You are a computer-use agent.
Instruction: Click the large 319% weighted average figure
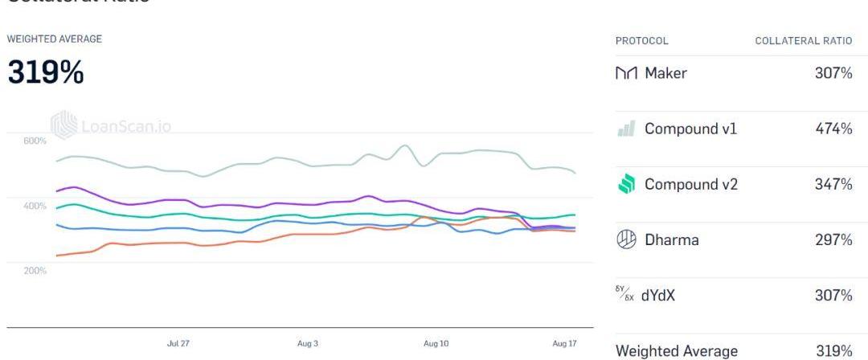46,73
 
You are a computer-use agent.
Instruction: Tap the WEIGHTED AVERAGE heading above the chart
54,39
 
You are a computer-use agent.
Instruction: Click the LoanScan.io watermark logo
64,125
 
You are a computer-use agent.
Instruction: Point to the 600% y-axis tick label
35,141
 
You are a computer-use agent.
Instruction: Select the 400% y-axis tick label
35,207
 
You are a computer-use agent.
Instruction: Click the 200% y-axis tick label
35,271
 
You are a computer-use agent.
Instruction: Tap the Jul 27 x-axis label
178,343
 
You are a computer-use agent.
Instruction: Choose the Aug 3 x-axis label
308,343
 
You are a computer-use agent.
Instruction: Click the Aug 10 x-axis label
436,343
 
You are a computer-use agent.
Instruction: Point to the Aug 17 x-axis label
565,343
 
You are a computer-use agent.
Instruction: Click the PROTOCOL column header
641,41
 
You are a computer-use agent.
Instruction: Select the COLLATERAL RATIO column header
804,41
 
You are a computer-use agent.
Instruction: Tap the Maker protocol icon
626,73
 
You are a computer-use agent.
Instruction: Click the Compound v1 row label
690,129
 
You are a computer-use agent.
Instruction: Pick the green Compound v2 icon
627,184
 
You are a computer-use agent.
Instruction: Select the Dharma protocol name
671,239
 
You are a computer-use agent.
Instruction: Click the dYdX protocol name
657,296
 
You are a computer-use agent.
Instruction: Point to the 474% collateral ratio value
833,129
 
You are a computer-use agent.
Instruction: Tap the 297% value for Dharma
833,239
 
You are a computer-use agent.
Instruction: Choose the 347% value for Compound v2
833,184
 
